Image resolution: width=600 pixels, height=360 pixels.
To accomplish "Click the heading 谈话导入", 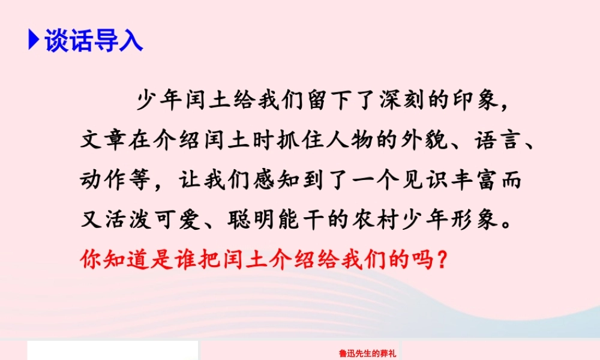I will click(x=94, y=41).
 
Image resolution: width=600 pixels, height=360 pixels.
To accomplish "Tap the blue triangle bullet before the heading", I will click(x=34, y=41).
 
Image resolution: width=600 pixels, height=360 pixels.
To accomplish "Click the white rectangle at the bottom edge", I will click(x=112, y=350).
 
